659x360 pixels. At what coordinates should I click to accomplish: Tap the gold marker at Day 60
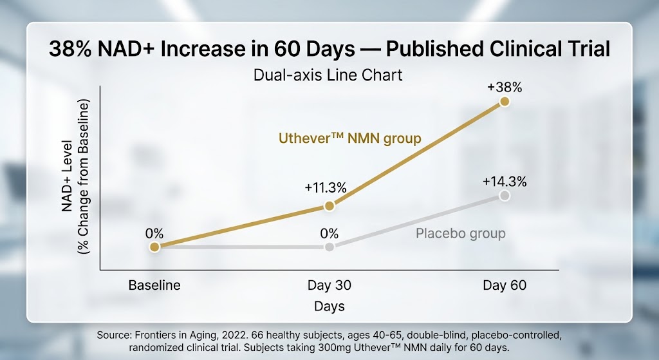(x=505, y=102)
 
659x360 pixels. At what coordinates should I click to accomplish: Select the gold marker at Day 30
(x=329, y=206)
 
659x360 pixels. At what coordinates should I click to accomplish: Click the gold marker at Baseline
(x=154, y=247)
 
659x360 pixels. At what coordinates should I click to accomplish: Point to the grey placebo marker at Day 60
(x=505, y=195)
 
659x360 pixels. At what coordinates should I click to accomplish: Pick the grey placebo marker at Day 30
(x=329, y=247)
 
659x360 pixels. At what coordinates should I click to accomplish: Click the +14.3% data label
(x=505, y=181)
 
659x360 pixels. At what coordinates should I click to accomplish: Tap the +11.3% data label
(x=326, y=188)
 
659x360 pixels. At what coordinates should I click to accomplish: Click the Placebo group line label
(x=460, y=233)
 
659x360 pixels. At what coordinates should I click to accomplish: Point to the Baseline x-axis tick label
(x=154, y=285)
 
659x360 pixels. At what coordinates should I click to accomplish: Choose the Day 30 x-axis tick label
(x=329, y=285)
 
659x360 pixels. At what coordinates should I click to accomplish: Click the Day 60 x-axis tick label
(x=505, y=285)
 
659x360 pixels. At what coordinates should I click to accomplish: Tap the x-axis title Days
(x=329, y=307)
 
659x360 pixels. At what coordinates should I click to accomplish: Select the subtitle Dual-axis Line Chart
(x=328, y=75)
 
